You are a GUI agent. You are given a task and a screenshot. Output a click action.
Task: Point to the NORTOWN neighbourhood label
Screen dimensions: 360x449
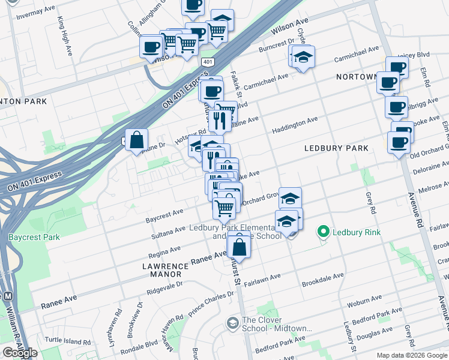[357, 77]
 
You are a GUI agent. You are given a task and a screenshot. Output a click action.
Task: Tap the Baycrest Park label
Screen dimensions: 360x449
[34, 237]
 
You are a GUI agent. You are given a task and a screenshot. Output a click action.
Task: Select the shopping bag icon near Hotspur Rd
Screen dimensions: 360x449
[137, 140]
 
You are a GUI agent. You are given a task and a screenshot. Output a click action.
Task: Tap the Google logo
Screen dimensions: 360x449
[20, 353]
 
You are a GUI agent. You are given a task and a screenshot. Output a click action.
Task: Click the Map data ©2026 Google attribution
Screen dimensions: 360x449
[412, 355]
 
